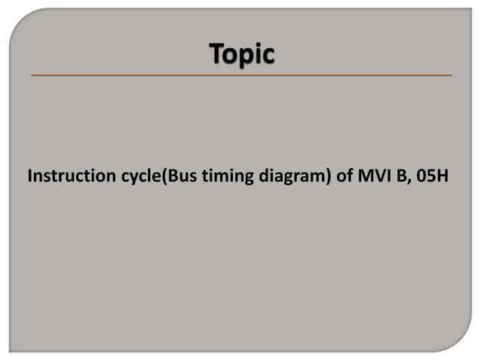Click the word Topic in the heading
pyautogui.click(x=241, y=56)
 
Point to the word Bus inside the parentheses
pyautogui.click(x=173, y=178)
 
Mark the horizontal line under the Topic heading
pyautogui.click(x=241, y=75)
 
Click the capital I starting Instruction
pyautogui.click(x=30, y=178)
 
